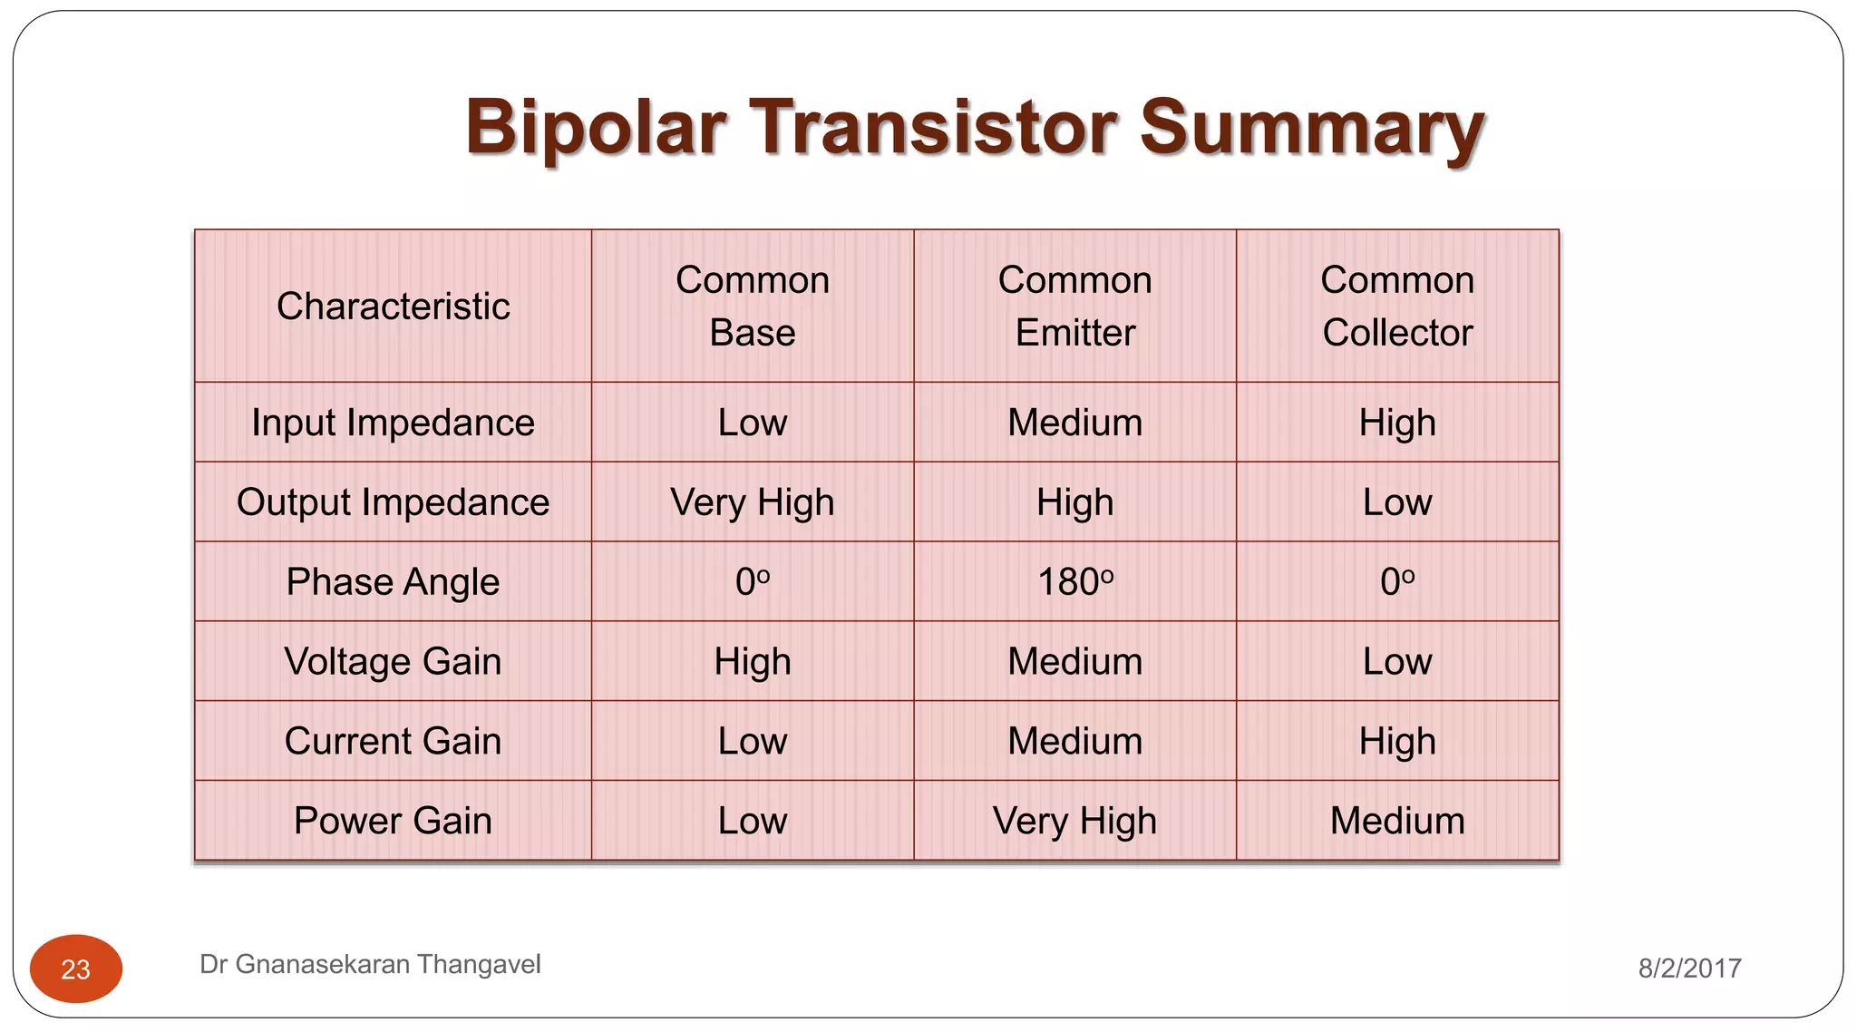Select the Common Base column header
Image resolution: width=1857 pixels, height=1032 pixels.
[752, 307]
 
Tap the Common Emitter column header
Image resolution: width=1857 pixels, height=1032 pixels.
[1074, 307]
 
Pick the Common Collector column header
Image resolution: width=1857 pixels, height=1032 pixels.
[1396, 307]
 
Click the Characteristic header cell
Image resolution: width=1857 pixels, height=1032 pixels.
[393, 307]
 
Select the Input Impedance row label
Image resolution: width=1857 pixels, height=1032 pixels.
[393, 423]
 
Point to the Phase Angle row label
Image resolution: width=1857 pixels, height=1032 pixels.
[393, 582]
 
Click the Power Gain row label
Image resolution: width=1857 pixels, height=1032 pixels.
[393, 821]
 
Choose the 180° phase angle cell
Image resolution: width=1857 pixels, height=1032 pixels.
[1074, 582]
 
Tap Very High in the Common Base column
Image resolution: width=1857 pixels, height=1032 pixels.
[752, 502]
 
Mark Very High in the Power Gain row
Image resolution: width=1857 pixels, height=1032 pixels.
[1074, 821]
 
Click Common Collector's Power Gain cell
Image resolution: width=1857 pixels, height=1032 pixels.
[1396, 821]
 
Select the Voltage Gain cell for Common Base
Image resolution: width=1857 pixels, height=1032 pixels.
[752, 662]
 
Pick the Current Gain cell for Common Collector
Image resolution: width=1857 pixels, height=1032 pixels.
[1396, 742]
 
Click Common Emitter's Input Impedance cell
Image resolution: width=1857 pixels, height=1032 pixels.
[1074, 423]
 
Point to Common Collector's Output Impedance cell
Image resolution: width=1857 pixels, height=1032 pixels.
[1396, 502]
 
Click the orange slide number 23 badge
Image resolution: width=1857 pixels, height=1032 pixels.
[76, 969]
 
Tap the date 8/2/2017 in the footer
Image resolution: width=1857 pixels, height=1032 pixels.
[1689, 969]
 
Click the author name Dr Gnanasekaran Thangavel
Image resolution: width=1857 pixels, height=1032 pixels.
[370, 964]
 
